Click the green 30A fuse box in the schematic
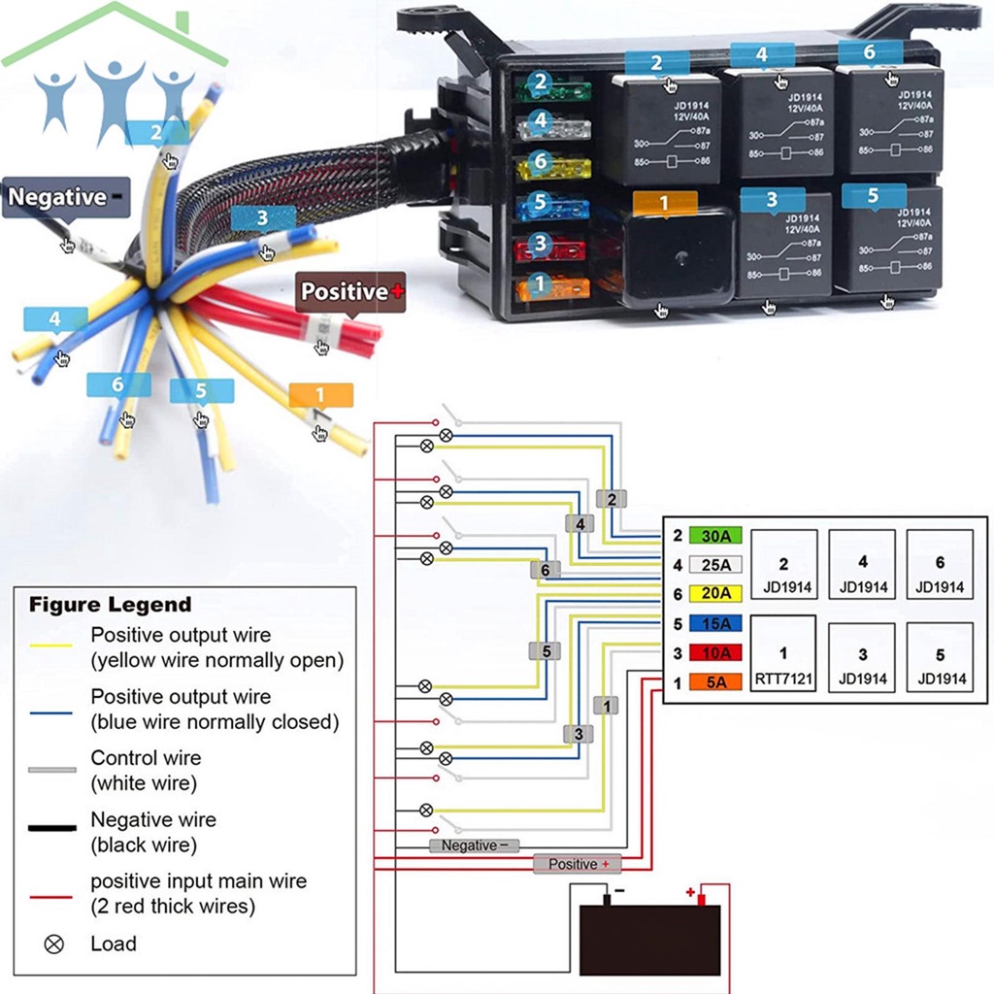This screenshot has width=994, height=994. point(715,535)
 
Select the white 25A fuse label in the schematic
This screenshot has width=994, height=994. point(715,564)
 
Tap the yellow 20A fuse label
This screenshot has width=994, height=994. point(715,593)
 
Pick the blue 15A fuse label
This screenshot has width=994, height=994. point(715,623)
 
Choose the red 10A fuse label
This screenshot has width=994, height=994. point(715,653)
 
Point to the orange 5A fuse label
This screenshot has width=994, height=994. point(715,682)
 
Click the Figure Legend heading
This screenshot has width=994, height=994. point(110,605)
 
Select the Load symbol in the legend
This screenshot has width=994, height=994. point(54,944)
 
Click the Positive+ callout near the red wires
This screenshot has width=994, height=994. point(350,291)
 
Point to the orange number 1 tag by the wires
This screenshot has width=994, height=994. point(320,395)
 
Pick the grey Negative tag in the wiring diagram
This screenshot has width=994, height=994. point(474,845)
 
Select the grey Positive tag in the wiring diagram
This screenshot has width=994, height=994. point(579,864)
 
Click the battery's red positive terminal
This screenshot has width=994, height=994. point(700,899)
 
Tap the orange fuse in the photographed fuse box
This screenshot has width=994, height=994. point(551,287)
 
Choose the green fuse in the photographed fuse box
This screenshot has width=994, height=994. point(551,88)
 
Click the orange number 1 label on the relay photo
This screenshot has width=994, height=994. point(664,203)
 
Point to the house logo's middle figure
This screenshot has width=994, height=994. point(114,97)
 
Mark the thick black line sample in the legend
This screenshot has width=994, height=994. point(52,828)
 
